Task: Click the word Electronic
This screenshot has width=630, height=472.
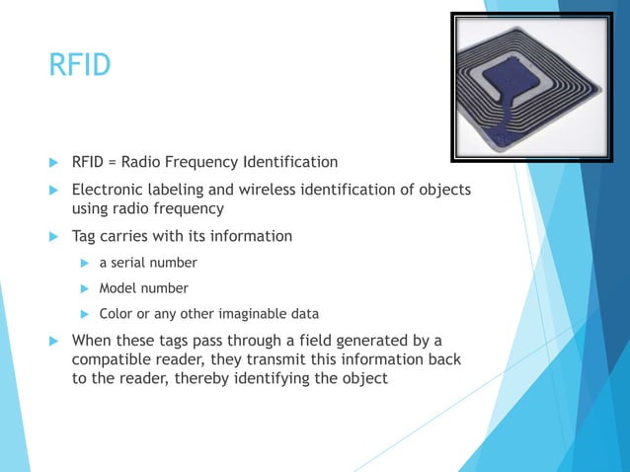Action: [111, 189]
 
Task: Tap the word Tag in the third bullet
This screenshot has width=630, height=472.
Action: [85, 236]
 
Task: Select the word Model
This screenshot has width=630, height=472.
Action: [118, 288]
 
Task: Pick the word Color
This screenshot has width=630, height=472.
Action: [117, 314]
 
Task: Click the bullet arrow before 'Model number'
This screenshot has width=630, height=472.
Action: [85, 288]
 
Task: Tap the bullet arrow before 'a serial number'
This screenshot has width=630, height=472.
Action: [85, 263]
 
